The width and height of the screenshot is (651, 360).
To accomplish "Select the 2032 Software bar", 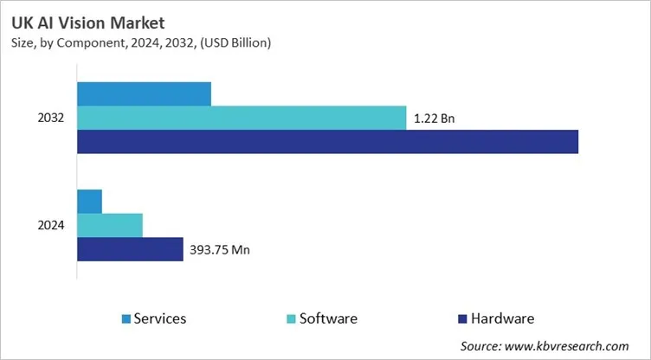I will [x=242, y=118].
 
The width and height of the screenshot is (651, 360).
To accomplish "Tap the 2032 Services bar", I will [x=144, y=93].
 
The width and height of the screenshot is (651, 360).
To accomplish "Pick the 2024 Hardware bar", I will [x=130, y=249].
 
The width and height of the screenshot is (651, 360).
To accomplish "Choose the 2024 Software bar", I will [x=110, y=225].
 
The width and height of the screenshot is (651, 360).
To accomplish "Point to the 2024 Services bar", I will [x=90, y=201].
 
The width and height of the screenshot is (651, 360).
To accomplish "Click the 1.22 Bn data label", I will [x=435, y=119].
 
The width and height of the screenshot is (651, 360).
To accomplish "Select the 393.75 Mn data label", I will [x=221, y=250].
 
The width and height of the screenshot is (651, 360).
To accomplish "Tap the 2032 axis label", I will [x=51, y=118].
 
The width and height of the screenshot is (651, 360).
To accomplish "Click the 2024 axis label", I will [x=51, y=225].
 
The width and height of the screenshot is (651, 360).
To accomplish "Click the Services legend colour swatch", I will [x=127, y=319].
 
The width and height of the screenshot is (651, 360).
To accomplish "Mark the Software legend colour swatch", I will [x=292, y=319].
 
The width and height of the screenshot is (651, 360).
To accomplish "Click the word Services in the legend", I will [x=161, y=319].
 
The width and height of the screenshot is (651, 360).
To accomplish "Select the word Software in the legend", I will [x=329, y=319].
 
